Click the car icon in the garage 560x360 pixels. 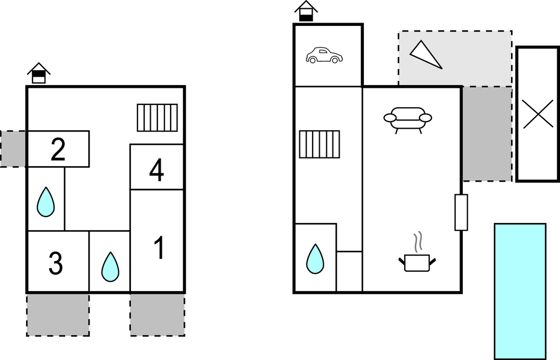click(x=324, y=55)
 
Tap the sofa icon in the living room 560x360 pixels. click(x=408, y=118)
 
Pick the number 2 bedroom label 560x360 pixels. click(x=58, y=149)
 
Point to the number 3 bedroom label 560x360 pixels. click(x=56, y=263)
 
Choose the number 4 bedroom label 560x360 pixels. click(x=156, y=171)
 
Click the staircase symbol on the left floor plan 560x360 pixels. click(x=157, y=118)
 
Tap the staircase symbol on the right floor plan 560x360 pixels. click(x=319, y=144)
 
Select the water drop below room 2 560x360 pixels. click(x=46, y=202)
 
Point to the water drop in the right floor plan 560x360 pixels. click(x=315, y=258)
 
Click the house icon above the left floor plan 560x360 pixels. click(x=39, y=73)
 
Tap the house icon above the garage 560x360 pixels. click(x=306, y=12)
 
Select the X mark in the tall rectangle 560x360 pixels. click(x=538, y=114)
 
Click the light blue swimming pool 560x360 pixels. click(x=520, y=291)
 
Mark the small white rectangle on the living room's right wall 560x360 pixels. click(x=461, y=212)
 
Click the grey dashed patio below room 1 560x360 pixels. click(x=157, y=315)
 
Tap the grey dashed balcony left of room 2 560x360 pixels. click(x=13, y=149)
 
